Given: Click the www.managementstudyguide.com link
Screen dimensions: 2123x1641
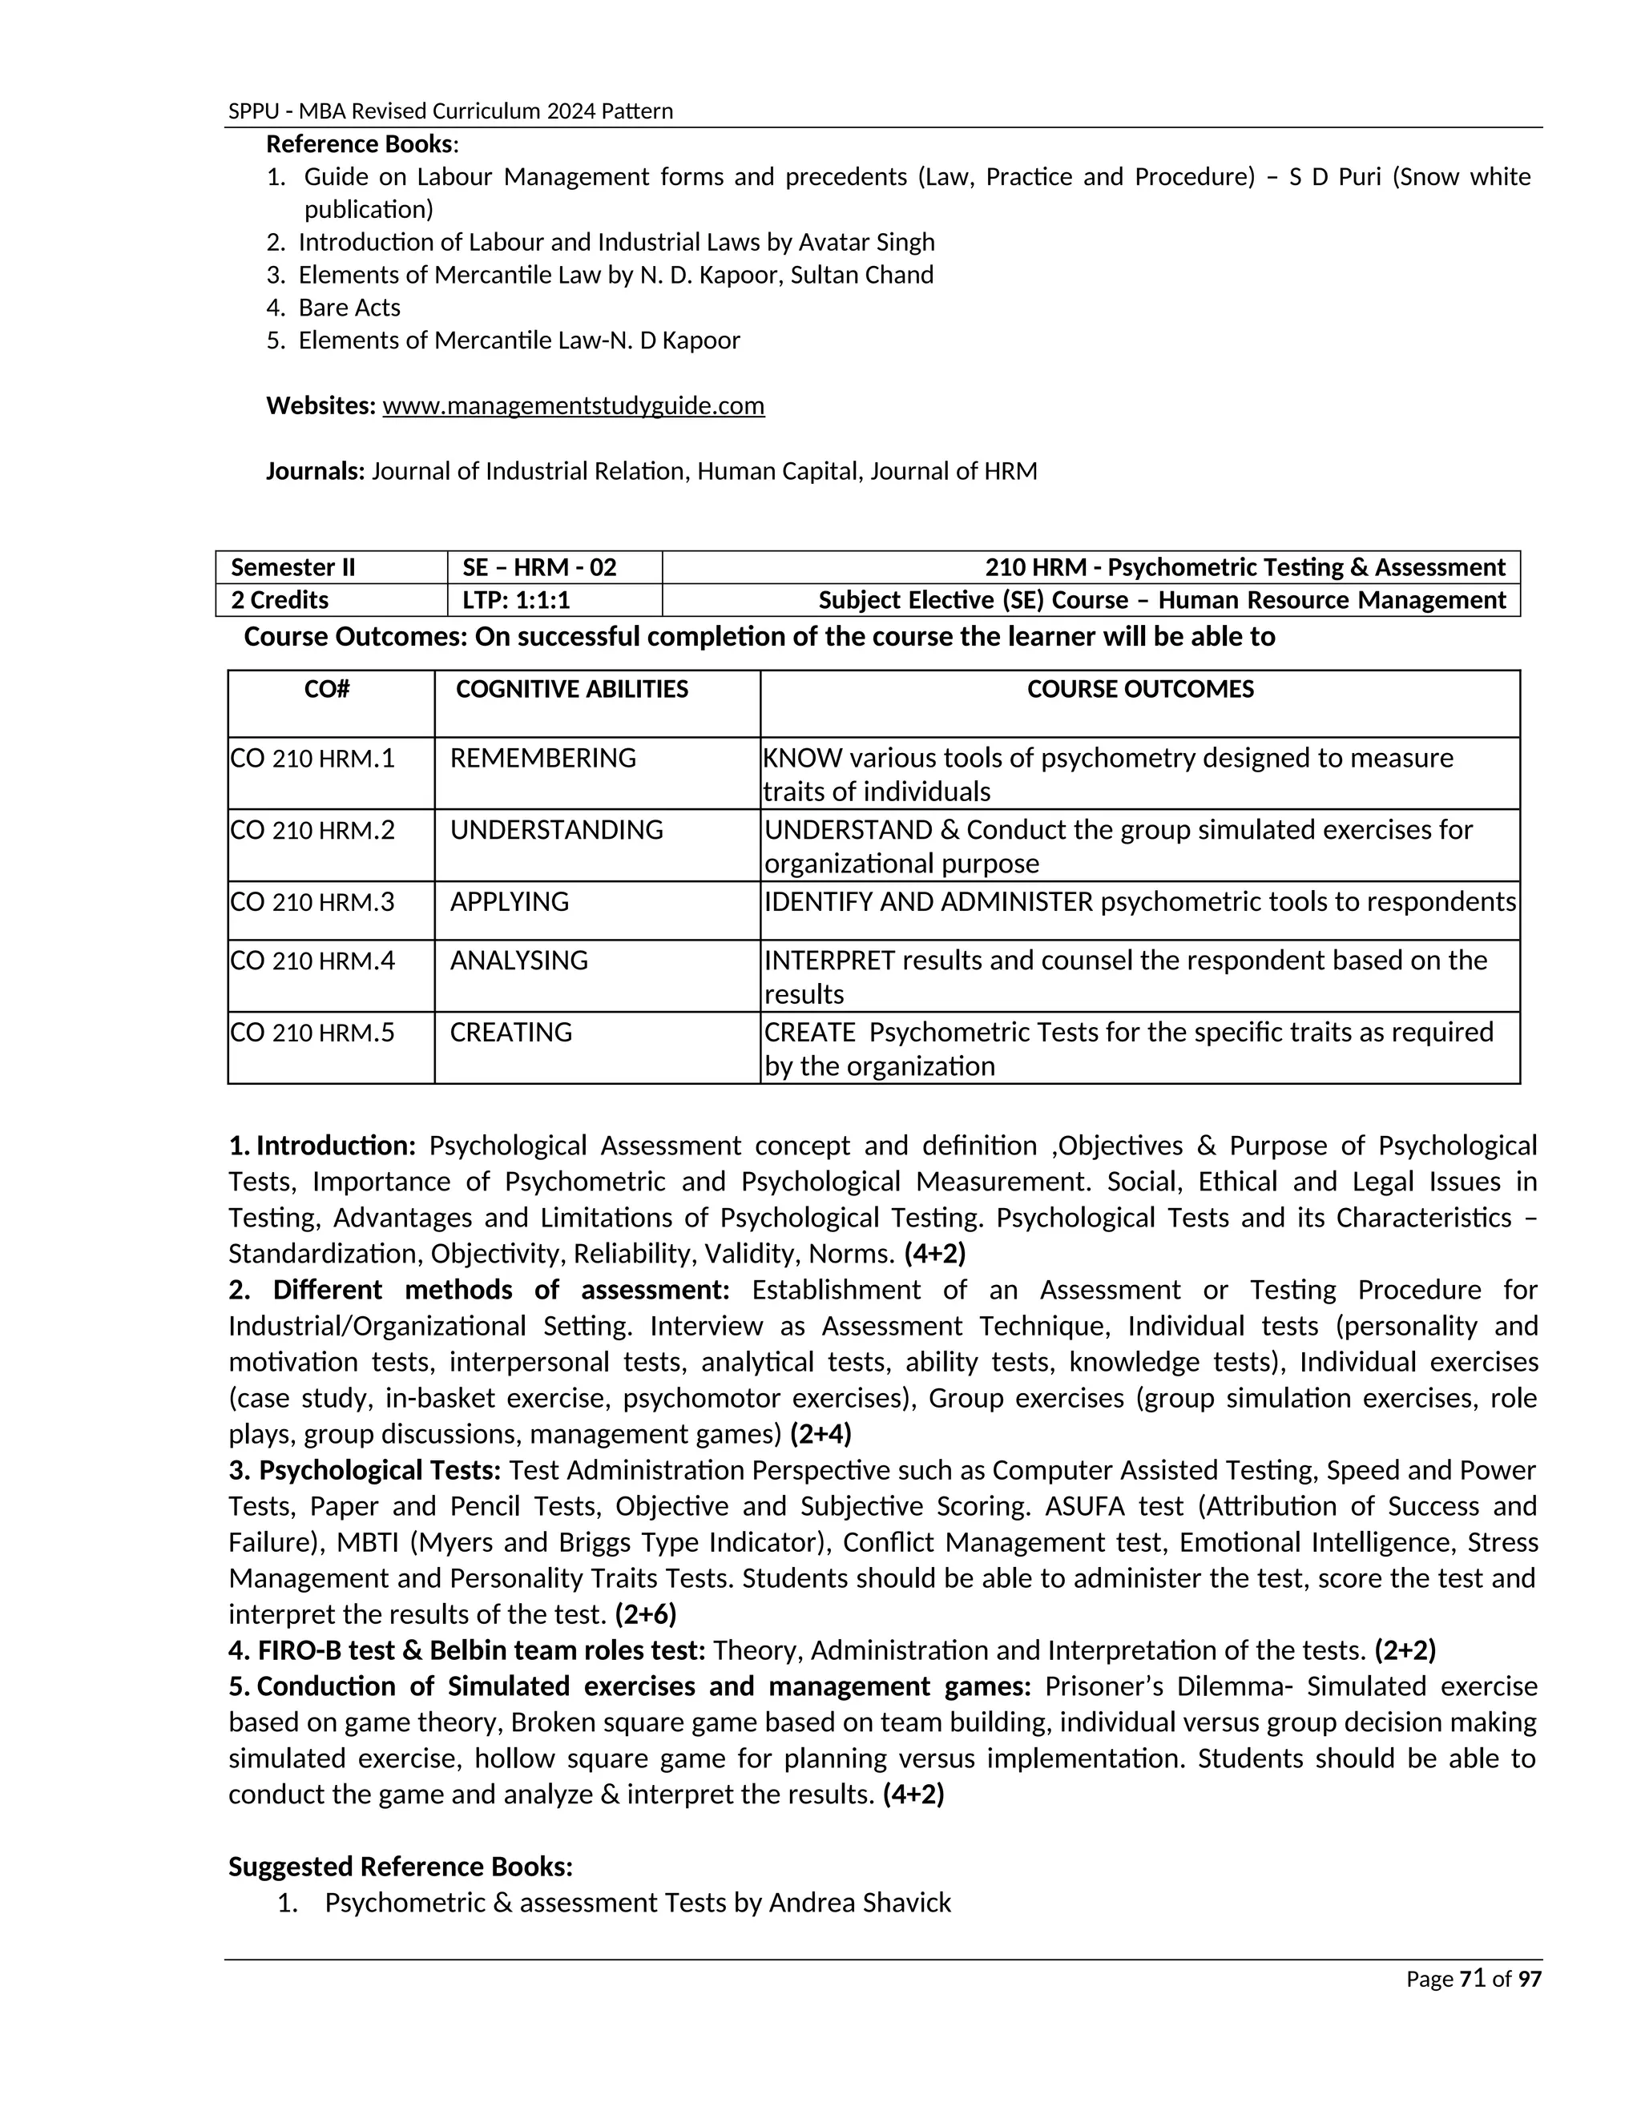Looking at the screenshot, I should point(574,405).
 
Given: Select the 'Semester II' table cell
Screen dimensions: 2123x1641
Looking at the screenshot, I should point(292,568).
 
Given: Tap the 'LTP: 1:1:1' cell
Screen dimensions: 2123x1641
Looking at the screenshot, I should point(516,601).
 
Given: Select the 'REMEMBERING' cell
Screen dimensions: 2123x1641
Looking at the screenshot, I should point(542,758).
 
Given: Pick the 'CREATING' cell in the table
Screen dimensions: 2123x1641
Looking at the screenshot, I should point(510,1033).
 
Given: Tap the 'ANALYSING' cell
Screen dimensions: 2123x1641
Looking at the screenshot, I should point(519,961).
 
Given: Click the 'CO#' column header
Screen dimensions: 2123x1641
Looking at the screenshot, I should point(327,689).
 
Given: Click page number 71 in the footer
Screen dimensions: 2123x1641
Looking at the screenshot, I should point(1473,1979).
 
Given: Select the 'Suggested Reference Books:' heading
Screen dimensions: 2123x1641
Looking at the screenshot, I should point(401,1867).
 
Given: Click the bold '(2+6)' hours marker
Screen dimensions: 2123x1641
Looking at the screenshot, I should point(646,1614).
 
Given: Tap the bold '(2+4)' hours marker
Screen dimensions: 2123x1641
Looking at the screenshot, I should point(820,1434).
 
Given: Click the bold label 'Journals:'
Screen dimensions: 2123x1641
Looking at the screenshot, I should point(315,471).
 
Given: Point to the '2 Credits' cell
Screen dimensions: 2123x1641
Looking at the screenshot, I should point(279,601).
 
